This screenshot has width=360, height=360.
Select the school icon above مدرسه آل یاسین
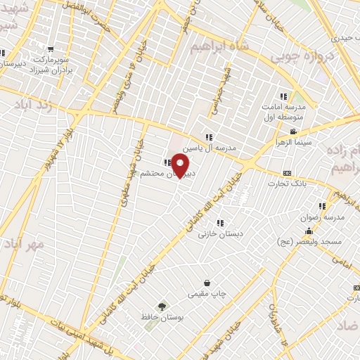pos(209,137)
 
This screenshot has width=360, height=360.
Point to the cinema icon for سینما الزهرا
pos(293,131)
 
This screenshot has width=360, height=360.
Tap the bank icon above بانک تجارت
pos(287,173)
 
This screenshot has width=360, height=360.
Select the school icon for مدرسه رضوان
pos(322,206)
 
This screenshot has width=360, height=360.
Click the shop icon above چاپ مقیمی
pos(207,283)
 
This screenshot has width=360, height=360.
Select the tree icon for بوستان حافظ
pos(162,307)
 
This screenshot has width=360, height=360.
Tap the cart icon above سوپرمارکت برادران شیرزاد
pos(51,49)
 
